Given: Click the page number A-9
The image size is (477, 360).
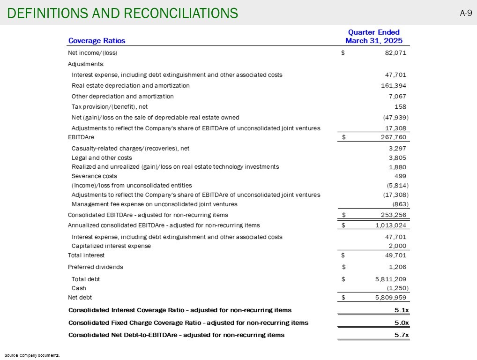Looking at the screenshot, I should pos(465,13).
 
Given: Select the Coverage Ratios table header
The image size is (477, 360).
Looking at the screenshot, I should pos(97,41).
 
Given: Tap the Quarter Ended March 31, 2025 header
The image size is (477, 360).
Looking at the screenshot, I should pos(373,37).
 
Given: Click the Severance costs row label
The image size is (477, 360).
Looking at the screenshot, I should pos(94,176).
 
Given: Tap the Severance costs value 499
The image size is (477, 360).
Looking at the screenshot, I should pos(400,176).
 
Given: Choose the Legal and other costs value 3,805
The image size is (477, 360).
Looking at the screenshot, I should pos(396,158).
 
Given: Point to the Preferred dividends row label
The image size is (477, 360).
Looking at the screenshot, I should pos(96,267).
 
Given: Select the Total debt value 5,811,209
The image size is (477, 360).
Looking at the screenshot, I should pos(388,279).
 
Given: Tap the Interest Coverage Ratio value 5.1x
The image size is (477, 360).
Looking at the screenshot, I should pos(400,310).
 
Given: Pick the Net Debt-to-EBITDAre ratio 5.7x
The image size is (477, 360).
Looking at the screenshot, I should pos(400,335).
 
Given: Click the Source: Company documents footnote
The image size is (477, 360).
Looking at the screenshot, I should pos(32,355).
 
